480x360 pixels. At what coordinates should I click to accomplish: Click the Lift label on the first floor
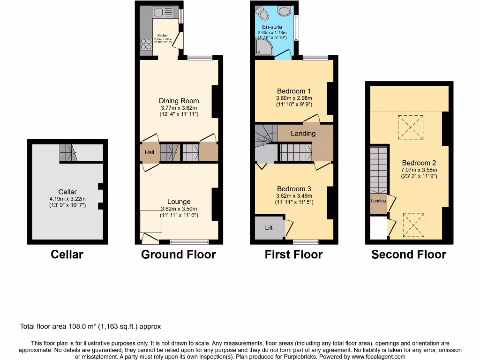269,228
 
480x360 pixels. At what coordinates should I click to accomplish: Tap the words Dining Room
179,101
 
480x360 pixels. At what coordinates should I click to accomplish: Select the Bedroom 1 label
294,91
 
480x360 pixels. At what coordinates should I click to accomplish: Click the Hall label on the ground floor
149,152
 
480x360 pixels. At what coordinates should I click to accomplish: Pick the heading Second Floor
408,255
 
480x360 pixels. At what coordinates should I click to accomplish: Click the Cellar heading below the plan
67,255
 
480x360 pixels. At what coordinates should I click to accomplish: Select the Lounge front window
189,242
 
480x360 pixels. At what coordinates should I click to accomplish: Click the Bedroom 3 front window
306,242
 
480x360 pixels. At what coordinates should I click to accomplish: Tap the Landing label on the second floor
378,201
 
